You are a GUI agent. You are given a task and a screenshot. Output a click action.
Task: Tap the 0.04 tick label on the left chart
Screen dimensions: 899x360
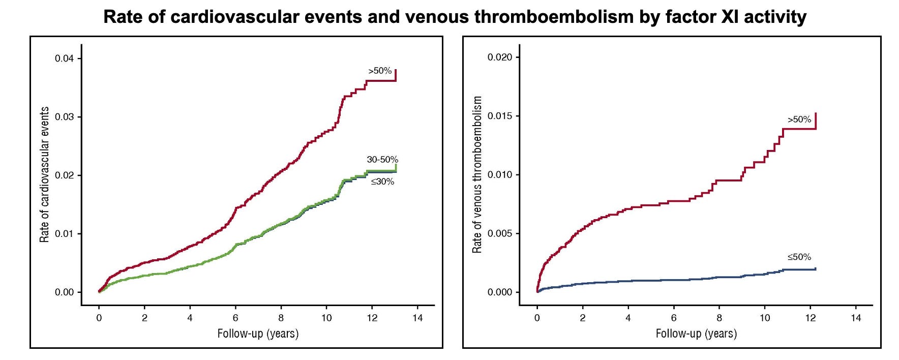click(65, 58)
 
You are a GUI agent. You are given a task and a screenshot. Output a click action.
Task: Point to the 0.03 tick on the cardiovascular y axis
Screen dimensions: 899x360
click(65, 117)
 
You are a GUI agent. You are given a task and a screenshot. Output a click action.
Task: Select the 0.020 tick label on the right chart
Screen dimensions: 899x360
click(500, 57)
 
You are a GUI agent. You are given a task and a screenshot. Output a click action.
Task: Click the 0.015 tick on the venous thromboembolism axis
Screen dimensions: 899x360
click(500, 116)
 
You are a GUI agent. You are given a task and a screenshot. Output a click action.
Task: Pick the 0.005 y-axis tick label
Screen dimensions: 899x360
click(500, 233)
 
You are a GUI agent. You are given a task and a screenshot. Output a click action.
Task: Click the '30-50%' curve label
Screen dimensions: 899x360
click(382, 160)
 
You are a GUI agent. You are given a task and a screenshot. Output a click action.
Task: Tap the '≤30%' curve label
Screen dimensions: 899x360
click(382, 182)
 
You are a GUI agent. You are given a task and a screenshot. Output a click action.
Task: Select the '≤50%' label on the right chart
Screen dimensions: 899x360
click(799, 257)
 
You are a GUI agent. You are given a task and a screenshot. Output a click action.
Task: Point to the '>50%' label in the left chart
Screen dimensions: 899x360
click(380, 71)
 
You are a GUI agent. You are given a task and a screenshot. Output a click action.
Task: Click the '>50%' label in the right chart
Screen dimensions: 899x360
click(799, 119)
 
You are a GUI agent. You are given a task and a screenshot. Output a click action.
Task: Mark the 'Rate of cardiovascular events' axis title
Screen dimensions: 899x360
click(45, 174)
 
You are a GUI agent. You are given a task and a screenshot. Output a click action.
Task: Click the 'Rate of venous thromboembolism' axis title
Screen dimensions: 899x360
click(477, 174)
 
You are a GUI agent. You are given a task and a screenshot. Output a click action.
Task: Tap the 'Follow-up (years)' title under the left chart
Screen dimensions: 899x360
click(258, 334)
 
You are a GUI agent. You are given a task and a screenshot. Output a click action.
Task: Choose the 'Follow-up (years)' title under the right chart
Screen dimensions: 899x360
click(696, 334)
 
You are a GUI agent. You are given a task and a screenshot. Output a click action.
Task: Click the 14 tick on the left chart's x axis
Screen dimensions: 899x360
click(417, 318)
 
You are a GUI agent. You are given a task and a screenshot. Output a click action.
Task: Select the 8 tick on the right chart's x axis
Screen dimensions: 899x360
click(719, 318)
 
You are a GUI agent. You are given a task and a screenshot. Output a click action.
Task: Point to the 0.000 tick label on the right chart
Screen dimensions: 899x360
click(500, 292)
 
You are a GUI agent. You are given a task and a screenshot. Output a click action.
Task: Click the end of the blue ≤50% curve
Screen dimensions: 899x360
click(816, 268)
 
